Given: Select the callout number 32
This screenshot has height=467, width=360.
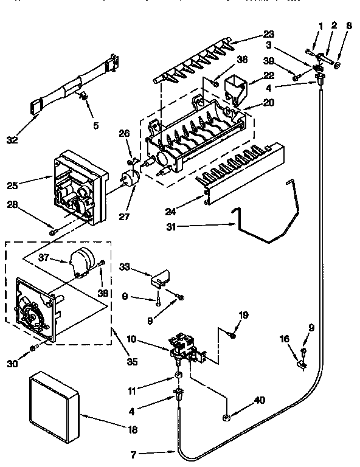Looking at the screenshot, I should coord(29,139).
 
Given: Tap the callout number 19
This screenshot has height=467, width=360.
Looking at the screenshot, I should coord(243,315).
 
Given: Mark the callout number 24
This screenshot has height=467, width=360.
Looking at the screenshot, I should coord(171,212).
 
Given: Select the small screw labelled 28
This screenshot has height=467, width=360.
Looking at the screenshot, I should coord(54,232).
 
